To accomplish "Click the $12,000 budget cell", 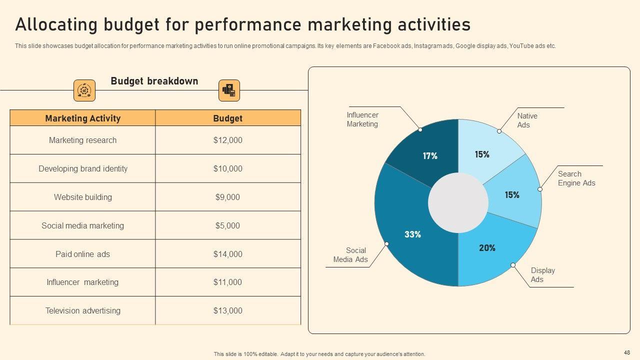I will tap(227, 140).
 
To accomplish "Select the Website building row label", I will tap(83, 197).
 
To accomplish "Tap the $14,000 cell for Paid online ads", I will tap(227, 254).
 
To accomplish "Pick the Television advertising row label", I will tap(83, 310).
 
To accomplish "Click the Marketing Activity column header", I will tap(83, 118).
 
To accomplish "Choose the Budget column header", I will tap(227, 118).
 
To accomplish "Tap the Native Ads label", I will tap(527, 120).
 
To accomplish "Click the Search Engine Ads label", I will tap(576, 178).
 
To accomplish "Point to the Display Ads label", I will tap(542, 275).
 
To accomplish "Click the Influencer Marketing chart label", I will tap(362, 119).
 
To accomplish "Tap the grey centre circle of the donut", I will tap(458, 203).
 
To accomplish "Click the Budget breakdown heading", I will tap(154, 81).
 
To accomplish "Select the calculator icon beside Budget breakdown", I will tap(229, 90).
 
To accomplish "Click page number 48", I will tap(627, 352).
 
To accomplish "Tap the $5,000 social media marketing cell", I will tap(227, 225).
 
